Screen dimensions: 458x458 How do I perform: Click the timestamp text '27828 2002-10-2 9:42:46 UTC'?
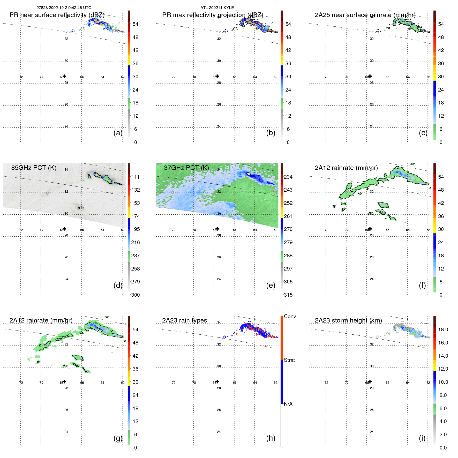[x=64, y=8]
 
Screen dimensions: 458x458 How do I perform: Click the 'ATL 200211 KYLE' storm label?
[x=217, y=8]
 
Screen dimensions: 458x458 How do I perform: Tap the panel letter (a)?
[x=118, y=133]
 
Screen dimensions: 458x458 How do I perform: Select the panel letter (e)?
[x=271, y=285]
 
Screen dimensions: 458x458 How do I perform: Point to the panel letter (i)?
[x=422, y=438]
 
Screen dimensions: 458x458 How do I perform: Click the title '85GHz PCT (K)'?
[x=34, y=168]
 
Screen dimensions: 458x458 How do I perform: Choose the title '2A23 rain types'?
[x=184, y=320]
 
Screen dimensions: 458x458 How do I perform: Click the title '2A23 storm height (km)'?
[x=348, y=320]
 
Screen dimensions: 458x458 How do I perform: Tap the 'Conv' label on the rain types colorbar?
[x=290, y=316]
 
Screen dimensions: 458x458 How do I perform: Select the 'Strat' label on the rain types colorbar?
[x=289, y=360]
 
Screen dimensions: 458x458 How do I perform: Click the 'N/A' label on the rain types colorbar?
[x=288, y=404]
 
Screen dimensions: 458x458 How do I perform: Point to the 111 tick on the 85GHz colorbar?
[x=135, y=177]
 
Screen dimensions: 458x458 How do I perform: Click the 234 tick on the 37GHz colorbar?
[x=288, y=177]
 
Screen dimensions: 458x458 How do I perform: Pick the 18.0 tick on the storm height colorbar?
[x=443, y=329]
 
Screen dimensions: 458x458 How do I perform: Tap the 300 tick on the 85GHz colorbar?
[x=135, y=295]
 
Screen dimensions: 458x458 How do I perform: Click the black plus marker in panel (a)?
[x=65, y=76]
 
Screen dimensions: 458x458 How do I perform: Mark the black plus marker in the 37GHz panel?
[x=217, y=229]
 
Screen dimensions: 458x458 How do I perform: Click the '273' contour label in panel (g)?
[x=99, y=330]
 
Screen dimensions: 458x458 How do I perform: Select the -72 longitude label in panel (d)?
[x=20, y=230]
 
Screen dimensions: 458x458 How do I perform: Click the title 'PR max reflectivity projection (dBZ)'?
[x=213, y=15]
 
